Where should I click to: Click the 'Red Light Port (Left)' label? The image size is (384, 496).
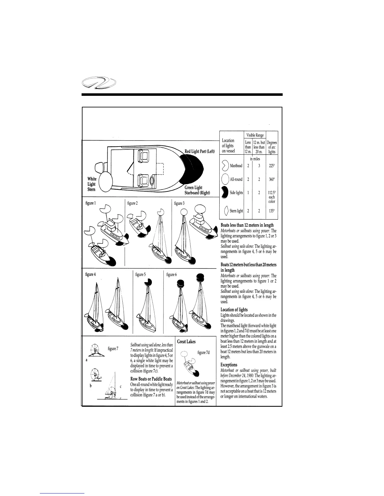(x=200, y=152)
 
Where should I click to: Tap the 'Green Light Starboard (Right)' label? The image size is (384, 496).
(x=197, y=190)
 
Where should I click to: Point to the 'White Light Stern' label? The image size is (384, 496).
(x=92, y=184)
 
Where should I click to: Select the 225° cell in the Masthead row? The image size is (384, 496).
(x=272, y=166)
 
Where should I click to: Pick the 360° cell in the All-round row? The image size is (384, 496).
(x=272, y=179)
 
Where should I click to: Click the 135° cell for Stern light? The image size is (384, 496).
(x=272, y=211)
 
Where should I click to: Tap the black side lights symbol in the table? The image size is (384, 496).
(x=224, y=193)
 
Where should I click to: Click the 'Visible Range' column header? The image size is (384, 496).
(x=255, y=135)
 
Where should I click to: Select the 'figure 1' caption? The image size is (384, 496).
(x=91, y=203)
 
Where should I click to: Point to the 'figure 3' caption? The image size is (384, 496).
(x=179, y=203)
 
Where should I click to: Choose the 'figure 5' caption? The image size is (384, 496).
(x=140, y=275)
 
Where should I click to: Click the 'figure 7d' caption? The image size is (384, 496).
(x=204, y=353)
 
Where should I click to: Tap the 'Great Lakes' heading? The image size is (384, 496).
(x=186, y=342)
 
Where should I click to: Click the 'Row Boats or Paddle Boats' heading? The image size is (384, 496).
(x=151, y=379)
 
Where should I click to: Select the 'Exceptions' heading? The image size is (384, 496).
(x=229, y=365)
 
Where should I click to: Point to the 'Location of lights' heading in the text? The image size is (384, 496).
(x=234, y=310)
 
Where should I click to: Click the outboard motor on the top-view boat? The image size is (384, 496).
(x=100, y=167)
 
